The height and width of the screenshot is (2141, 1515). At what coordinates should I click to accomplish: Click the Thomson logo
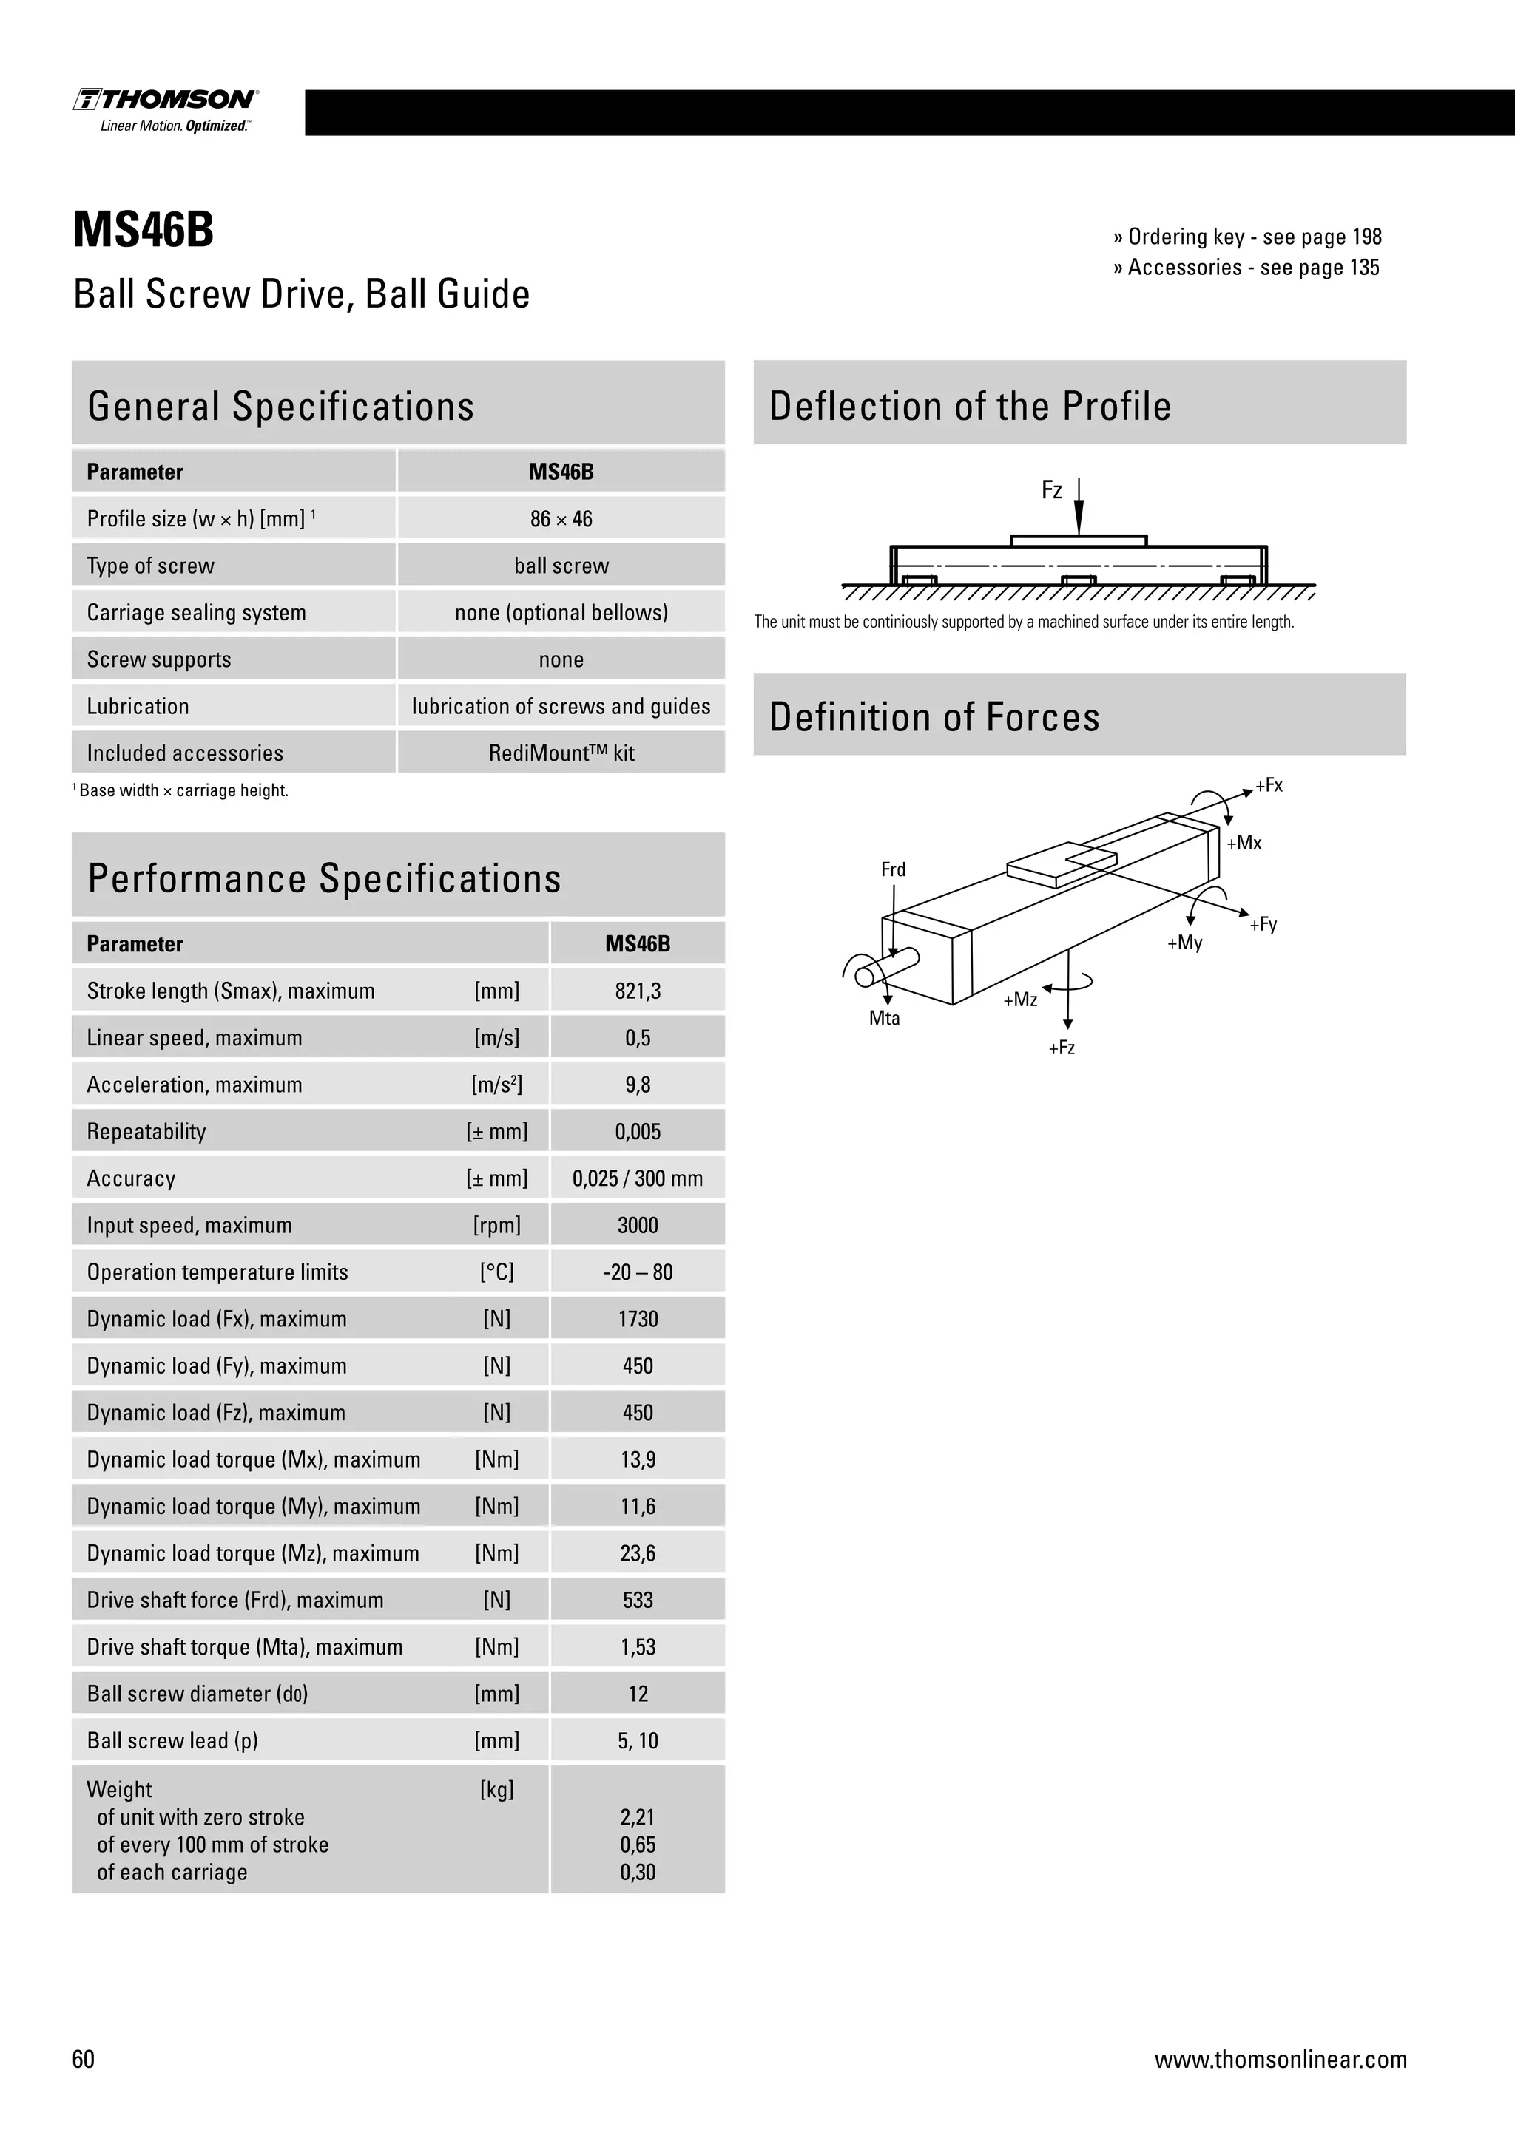pyautogui.click(x=166, y=109)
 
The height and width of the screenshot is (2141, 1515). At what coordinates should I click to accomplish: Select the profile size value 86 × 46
pyautogui.click(x=561, y=520)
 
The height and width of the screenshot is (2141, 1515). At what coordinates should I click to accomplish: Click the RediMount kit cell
pyautogui.click(x=561, y=753)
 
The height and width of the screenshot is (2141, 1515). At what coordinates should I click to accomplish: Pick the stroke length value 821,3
pyautogui.click(x=637, y=991)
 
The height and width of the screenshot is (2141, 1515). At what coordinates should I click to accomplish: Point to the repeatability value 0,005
pyautogui.click(x=637, y=1132)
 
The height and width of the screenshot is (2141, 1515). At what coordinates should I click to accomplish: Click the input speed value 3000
pyautogui.click(x=637, y=1225)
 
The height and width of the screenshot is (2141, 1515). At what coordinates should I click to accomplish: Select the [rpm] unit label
pyautogui.click(x=496, y=1225)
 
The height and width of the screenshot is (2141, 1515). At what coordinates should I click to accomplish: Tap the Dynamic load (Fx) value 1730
pyautogui.click(x=637, y=1320)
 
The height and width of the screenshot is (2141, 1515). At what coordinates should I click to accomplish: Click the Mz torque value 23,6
pyautogui.click(x=637, y=1553)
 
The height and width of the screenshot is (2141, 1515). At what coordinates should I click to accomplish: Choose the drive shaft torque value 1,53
pyautogui.click(x=637, y=1646)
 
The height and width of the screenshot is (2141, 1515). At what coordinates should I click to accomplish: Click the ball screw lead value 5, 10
pyautogui.click(x=637, y=1741)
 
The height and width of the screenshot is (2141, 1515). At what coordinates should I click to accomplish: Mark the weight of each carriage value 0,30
pyautogui.click(x=637, y=1873)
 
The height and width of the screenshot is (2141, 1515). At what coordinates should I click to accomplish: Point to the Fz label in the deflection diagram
pyautogui.click(x=1051, y=490)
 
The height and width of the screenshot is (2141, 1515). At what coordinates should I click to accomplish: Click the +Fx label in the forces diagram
pyautogui.click(x=1269, y=785)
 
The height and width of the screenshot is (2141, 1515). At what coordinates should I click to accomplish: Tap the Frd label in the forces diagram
pyautogui.click(x=893, y=869)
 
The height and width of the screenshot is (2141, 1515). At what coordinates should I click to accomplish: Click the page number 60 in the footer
pyautogui.click(x=83, y=2059)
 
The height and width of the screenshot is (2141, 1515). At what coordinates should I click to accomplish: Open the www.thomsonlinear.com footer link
pyautogui.click(x=1280, y=2059)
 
